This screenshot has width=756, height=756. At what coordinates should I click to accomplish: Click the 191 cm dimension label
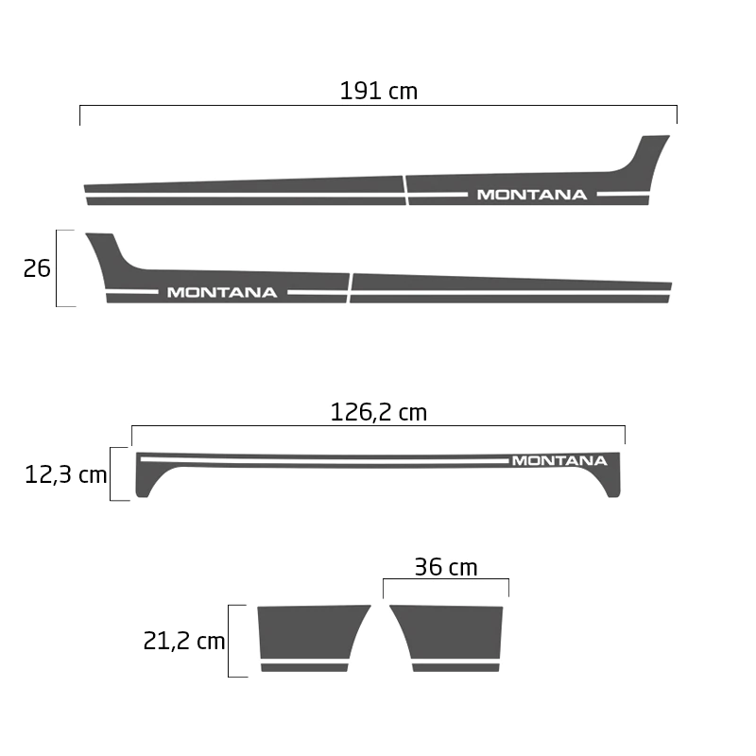379,91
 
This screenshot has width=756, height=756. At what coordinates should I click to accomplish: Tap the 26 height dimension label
37,268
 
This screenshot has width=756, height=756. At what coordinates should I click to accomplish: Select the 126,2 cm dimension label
379,412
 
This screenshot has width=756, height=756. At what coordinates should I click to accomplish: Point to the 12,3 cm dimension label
65,474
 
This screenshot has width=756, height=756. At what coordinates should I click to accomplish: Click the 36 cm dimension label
446,567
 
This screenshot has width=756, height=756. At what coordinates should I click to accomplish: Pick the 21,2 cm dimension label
184,641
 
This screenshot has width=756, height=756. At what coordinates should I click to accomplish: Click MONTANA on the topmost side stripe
532,195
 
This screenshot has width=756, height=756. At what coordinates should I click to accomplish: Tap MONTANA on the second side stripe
222,292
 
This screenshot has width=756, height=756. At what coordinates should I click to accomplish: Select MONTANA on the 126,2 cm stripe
559,460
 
